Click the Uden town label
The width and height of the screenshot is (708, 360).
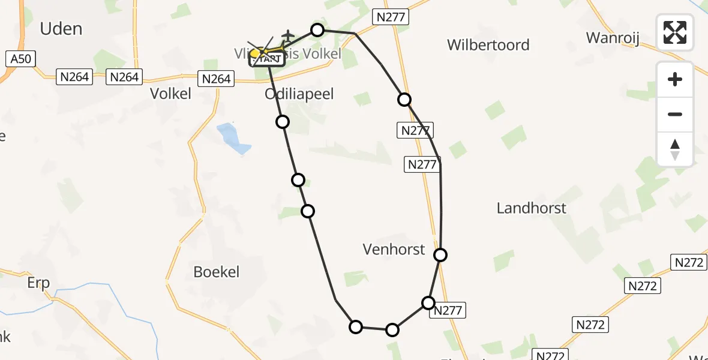[x=61, y=28]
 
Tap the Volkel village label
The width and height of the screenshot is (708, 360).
[x=170, y=94]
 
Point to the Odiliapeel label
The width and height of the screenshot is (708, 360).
[x=299, y=94]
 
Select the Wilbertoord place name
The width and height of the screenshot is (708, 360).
[x=488, y=45]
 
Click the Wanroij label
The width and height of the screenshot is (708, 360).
[x=613, y=38]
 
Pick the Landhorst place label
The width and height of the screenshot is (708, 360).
[x=532, y=208]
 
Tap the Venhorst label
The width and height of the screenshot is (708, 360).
[x=394, y=249]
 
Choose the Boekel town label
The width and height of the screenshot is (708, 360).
[x=216, y=272]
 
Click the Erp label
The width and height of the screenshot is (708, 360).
[x=38, y=283]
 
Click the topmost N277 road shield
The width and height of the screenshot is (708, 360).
[x=391, y=17]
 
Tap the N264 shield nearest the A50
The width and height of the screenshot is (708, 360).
[x=75, y=76]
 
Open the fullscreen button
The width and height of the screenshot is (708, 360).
[x=675, y=32]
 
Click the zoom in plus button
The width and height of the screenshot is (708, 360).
[x=675, y=79]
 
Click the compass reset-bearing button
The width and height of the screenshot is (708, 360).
[x=675, y=149]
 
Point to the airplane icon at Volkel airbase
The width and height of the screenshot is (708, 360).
[x=288, y=37]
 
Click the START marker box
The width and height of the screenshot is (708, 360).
[x=268, y=58]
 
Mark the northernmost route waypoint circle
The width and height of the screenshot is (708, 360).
[x=317, y=30]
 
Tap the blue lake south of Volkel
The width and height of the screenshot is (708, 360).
[x=233, y=138]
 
